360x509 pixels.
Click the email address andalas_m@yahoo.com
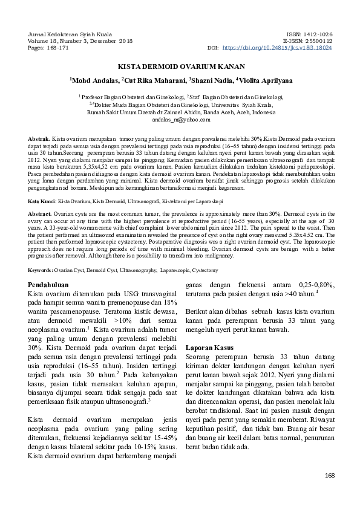click(180, 119)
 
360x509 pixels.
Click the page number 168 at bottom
click(330, 476)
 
